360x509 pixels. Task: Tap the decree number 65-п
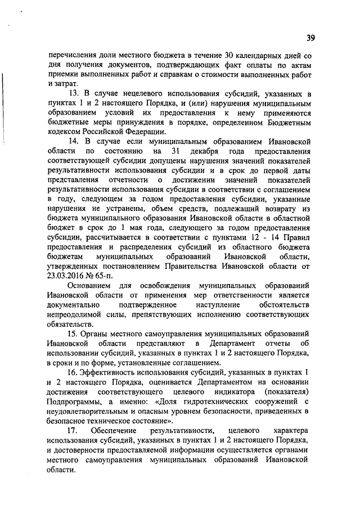(101, 275)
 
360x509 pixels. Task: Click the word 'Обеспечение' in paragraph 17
(113, 430)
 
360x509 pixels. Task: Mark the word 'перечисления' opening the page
(72, 56)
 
